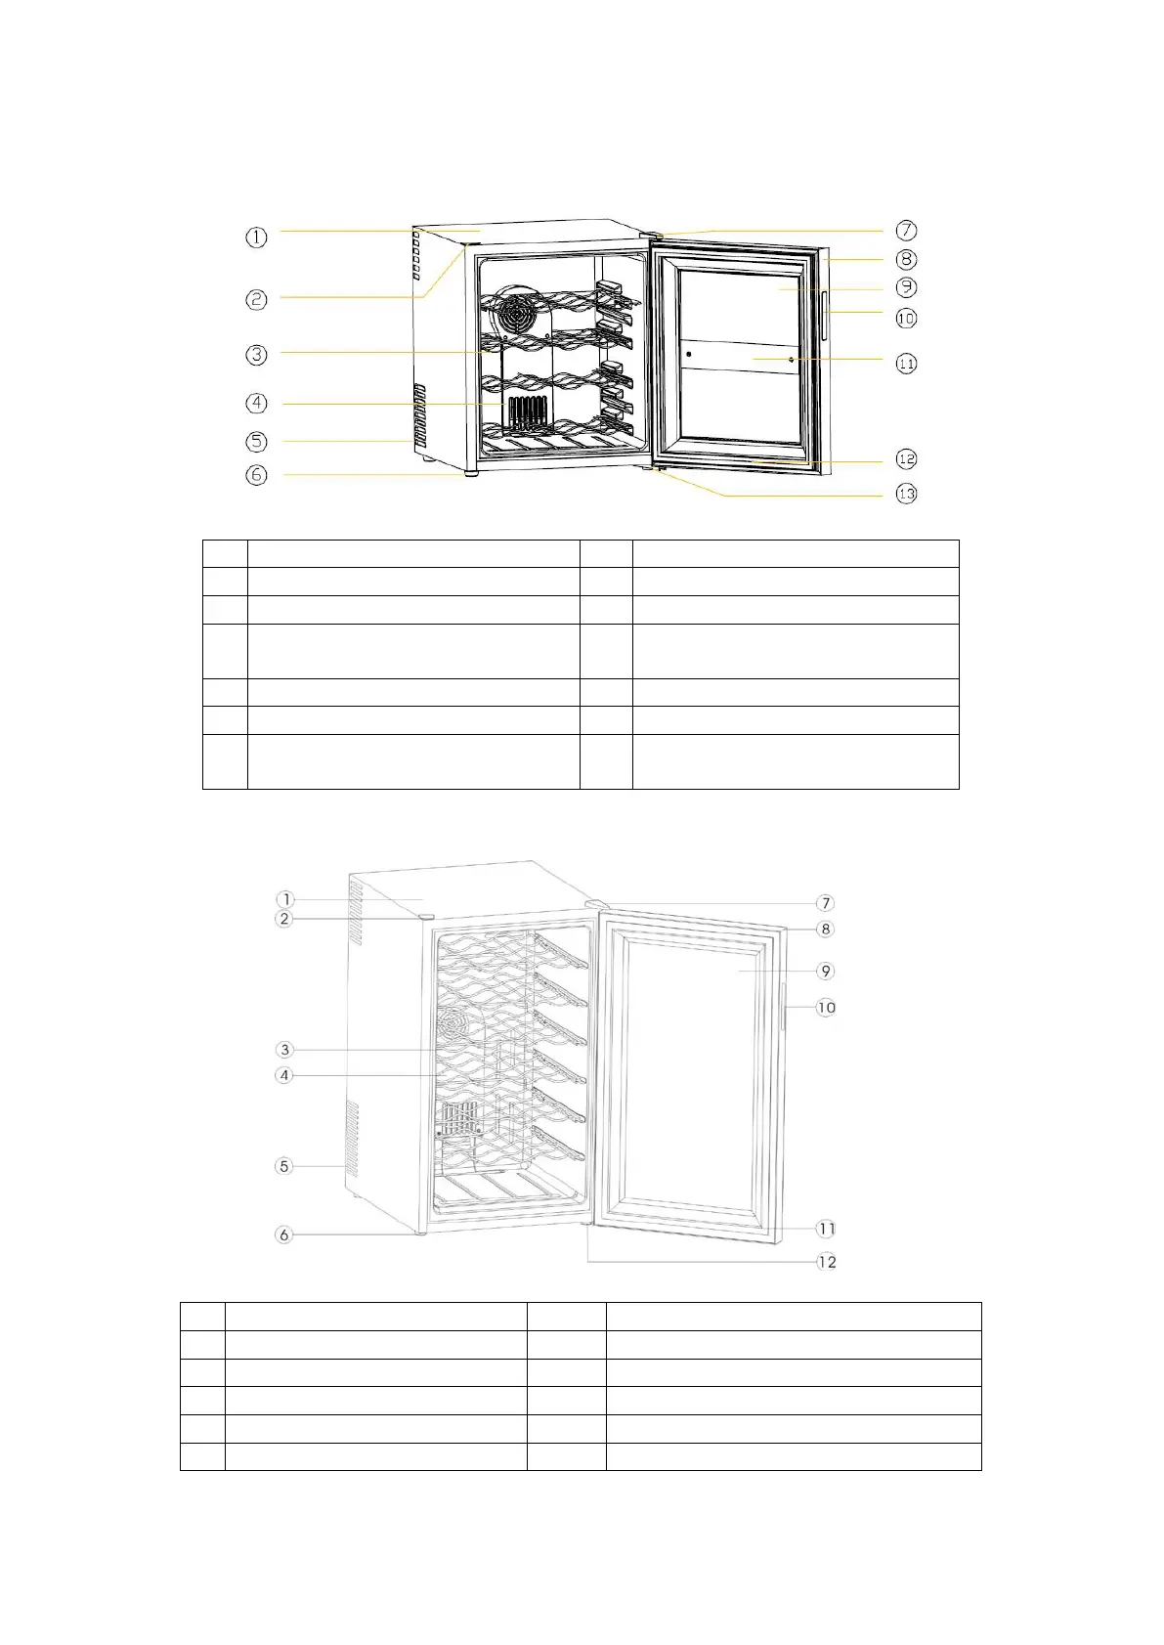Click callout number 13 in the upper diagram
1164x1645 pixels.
(906, 494)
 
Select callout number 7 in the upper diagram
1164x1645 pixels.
(906, 231)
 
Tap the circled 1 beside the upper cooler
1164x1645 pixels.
(256, 237)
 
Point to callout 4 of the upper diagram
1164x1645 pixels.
(256, 403)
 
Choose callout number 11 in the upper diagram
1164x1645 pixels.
(906, 364)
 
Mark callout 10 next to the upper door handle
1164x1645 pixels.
(906, 318)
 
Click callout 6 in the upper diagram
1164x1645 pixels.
(256, 475)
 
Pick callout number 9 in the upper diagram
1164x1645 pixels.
(906, 287)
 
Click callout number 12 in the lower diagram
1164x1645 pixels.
(827, 1262)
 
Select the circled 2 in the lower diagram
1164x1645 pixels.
(284, 919)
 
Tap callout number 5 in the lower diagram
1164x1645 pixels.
(284, 1166)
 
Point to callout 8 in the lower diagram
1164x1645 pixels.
(826, 930)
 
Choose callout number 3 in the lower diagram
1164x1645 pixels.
(284, 1050)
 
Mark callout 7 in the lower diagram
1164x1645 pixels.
(826, 903)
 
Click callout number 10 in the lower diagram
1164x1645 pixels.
(826, 1008)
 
